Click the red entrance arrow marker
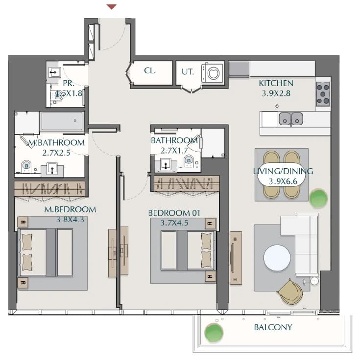tap(112, 7)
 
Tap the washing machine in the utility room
tap(212, 73)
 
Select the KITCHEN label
tap(276, 83)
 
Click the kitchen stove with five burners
tap(323, 94)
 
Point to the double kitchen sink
tap(291, 119)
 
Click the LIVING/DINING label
tap(283, 171)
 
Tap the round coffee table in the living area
tap(277, 258)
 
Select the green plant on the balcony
tap(214, 333)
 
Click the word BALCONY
tap(273, 327)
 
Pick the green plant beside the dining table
tap(318, 199)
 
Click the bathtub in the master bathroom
tap(62, 121)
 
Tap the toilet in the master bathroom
tap(26, 166)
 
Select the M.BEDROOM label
tap(70, 210)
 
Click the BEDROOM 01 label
tap(174, 213)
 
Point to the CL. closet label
tap(150, 71)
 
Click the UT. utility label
tap(188, 72)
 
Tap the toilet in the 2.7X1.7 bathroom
tap(189, 161)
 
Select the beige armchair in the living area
tap(290, 292)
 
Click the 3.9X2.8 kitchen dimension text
tap(276, 93)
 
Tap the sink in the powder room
tap(55, 72)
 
